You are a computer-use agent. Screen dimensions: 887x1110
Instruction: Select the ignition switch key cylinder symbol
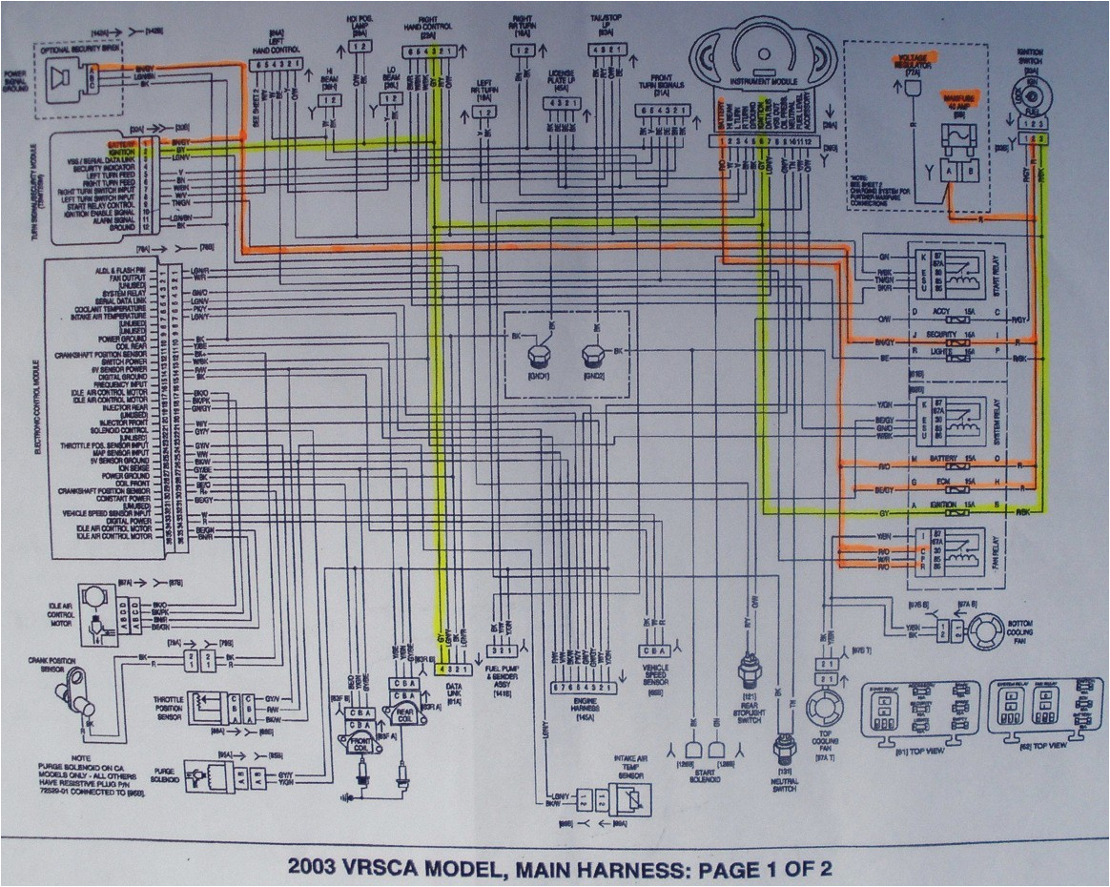1031,97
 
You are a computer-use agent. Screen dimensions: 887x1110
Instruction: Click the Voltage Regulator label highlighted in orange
915,64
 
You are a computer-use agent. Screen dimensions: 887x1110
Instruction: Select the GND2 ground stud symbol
592,358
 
